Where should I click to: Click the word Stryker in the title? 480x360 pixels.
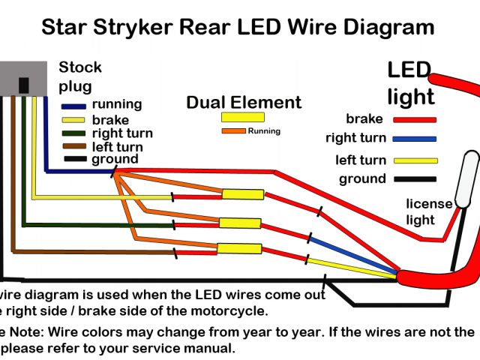(x=138, y=28)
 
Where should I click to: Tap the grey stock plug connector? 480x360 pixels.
(x=23, y=77)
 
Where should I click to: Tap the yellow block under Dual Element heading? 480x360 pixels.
(x=242, y=117)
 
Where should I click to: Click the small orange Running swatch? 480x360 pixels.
(x=234, y=131)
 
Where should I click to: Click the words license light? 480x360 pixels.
(x=429, y=211)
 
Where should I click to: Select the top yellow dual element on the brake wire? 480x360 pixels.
(x=242, y=195)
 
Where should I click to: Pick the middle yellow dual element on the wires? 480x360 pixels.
(x=240, y=223)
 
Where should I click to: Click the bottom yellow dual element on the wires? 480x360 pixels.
(x=238, y=249)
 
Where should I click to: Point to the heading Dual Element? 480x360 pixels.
(x=244, y=103)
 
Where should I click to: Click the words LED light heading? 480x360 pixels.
(x=409, y=83)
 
